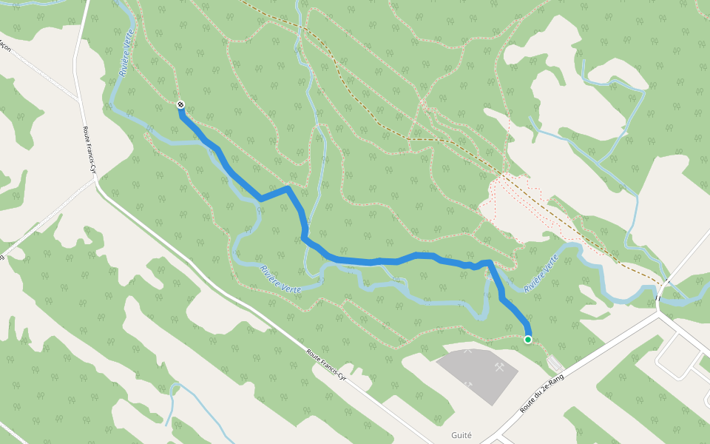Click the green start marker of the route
[528, 340]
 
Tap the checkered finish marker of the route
[181, 105]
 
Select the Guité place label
[461, 435]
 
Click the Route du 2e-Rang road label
[542, 394]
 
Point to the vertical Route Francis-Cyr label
[90, 149]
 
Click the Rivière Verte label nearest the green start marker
[541, 272]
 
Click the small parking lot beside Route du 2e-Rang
[555, 363]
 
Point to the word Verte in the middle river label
[291, 286]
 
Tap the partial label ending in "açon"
[4, 47]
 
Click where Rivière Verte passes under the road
[657, 298]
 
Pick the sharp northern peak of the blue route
[288, 188]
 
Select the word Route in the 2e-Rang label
[527, 406]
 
